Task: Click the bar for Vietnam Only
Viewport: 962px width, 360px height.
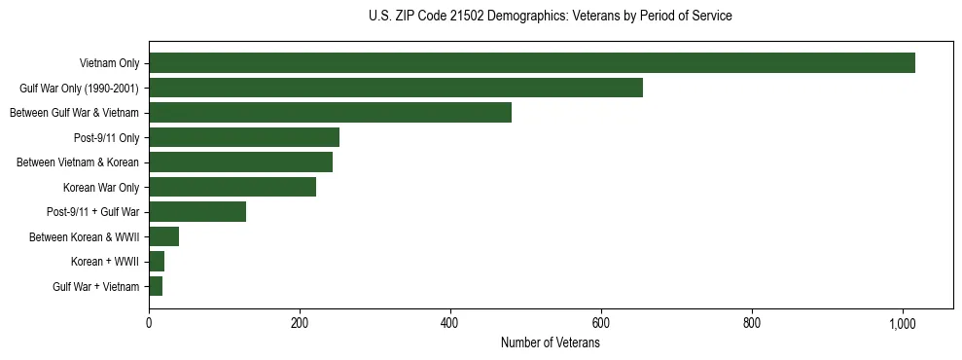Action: (532, 63)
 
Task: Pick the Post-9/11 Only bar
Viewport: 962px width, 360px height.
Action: (244, 137)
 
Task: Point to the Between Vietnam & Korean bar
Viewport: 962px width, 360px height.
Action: (240, 162)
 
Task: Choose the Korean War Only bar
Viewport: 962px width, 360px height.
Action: (232, 187)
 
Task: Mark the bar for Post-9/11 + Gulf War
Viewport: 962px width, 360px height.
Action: (197, 212)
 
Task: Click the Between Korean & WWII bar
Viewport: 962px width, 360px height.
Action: (163, 236)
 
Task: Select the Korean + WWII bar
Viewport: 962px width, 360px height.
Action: (157, 262)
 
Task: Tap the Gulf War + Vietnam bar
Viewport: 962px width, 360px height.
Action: (156, 286)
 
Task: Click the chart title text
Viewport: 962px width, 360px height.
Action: (551, 17)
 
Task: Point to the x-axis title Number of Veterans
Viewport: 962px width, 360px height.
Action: (551, 343)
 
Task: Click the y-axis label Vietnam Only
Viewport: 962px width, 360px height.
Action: (109, 63)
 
